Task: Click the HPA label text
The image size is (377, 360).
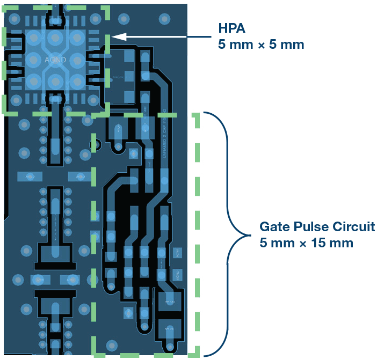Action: tap(231, 28)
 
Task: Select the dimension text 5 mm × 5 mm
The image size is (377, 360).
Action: tap(261, 44)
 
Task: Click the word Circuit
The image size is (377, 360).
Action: tap(356, 226)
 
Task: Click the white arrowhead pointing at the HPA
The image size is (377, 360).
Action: tap(118, 36)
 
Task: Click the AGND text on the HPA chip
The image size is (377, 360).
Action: tap(55, 60)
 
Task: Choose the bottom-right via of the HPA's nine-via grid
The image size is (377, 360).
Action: tap(76, 81)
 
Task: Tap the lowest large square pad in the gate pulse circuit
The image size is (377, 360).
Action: tap(169, 326)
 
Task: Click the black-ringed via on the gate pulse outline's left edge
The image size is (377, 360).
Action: tap(97, 144)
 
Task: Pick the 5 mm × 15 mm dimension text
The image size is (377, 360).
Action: tap(306, 243)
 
